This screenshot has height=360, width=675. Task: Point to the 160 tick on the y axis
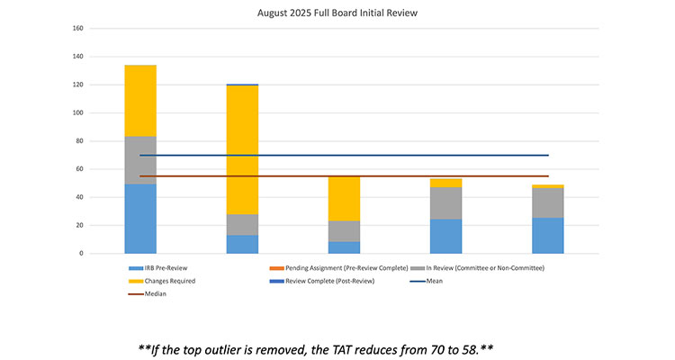(77, 29)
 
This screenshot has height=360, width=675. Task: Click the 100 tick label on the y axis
(77, 112)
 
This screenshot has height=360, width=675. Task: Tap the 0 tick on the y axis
(80, 253)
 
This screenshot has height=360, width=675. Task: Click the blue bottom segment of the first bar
(140, 219)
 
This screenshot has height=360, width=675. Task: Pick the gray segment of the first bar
(140, 160)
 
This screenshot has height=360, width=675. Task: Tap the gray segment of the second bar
(242, 224)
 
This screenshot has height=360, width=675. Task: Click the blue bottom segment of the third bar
(344, 247)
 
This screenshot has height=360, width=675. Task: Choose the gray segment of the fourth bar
(445, 202)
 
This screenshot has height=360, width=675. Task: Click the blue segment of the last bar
(547, 235)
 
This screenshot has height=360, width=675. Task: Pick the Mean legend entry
(432, 281)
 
